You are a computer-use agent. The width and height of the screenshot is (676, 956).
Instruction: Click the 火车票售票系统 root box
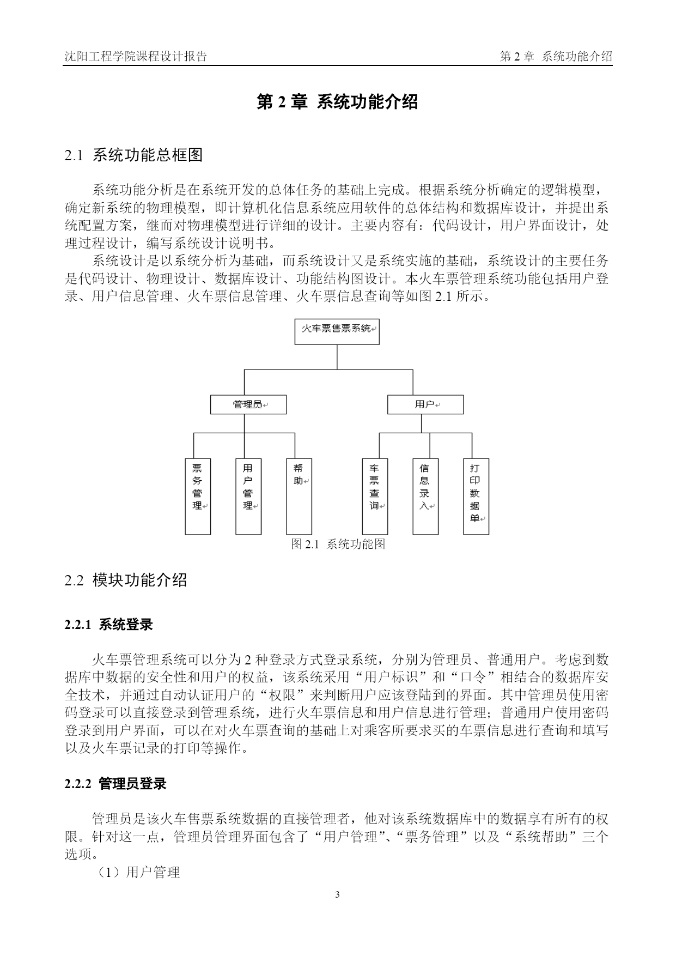click(x=337, y=331)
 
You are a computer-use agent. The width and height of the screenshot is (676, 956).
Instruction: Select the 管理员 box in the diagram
click(x=248, y=404)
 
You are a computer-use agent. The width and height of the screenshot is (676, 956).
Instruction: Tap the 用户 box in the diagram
click(x=425, y=404)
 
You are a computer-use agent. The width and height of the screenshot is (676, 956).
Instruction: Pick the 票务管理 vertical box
click(x=198, y=496)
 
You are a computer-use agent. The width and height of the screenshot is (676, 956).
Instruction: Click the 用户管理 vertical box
click(x=248, y=496)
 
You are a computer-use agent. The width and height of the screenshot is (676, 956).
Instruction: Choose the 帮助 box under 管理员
click(x=299, y=496)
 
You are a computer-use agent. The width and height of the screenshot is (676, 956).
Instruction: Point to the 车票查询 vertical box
click(x=375, y=496)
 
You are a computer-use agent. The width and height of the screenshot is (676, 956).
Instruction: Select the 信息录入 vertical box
click(x=425, y=496)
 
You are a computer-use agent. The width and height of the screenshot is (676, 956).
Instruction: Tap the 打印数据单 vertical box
click(x=476, y=496)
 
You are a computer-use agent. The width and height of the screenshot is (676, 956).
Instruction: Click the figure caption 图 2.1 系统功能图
click(x=338, y=544)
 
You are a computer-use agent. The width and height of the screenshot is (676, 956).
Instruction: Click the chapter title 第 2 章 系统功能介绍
click(x=337, y=102)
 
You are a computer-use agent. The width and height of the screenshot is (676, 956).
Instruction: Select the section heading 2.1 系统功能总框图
click(x=133, y=155)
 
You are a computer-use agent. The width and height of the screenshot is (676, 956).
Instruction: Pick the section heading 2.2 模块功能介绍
click(x=126, y=580)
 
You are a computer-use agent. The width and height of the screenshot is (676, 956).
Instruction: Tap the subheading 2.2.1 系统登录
click(x=108, y=625)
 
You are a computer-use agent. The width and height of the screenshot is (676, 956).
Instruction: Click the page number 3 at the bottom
click(x=338, y=894)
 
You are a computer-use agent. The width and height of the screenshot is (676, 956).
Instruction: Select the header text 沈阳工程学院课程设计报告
click(x=136, y=57)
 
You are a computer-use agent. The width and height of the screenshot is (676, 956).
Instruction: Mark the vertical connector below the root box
click(x=337, y=357)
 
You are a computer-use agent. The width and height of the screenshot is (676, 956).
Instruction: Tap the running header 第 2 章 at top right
click(x=517, y=57)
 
